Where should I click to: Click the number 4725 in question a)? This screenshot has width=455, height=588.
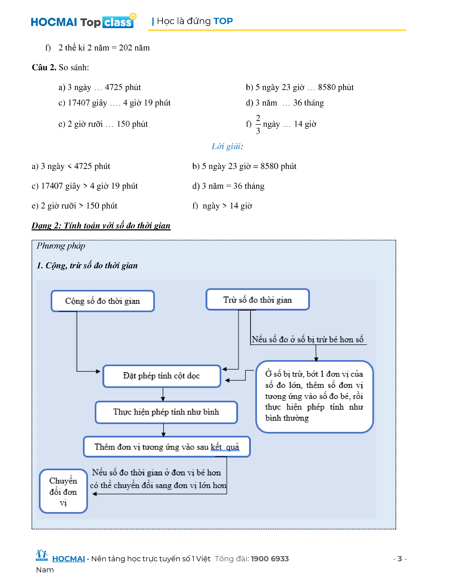click(113, 87)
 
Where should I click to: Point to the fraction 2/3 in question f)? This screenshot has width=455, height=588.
click(258, 124)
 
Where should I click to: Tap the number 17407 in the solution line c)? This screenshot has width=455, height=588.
click(52, 186)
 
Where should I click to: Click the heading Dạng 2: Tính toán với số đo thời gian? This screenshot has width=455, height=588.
click(101, 226)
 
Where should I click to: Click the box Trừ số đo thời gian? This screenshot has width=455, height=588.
click(257, 300)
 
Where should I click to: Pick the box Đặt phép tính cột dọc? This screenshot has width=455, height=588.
click(161, 376)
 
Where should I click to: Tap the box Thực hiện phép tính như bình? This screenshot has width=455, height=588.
click(166, 412)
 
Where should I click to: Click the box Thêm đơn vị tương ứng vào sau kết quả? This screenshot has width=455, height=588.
click(167, 447)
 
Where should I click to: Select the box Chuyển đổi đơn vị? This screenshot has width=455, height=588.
click(63, 492)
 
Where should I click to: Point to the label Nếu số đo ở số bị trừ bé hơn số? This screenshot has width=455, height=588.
click(308, 339)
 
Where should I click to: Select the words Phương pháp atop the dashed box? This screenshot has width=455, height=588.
click(61, 246)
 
